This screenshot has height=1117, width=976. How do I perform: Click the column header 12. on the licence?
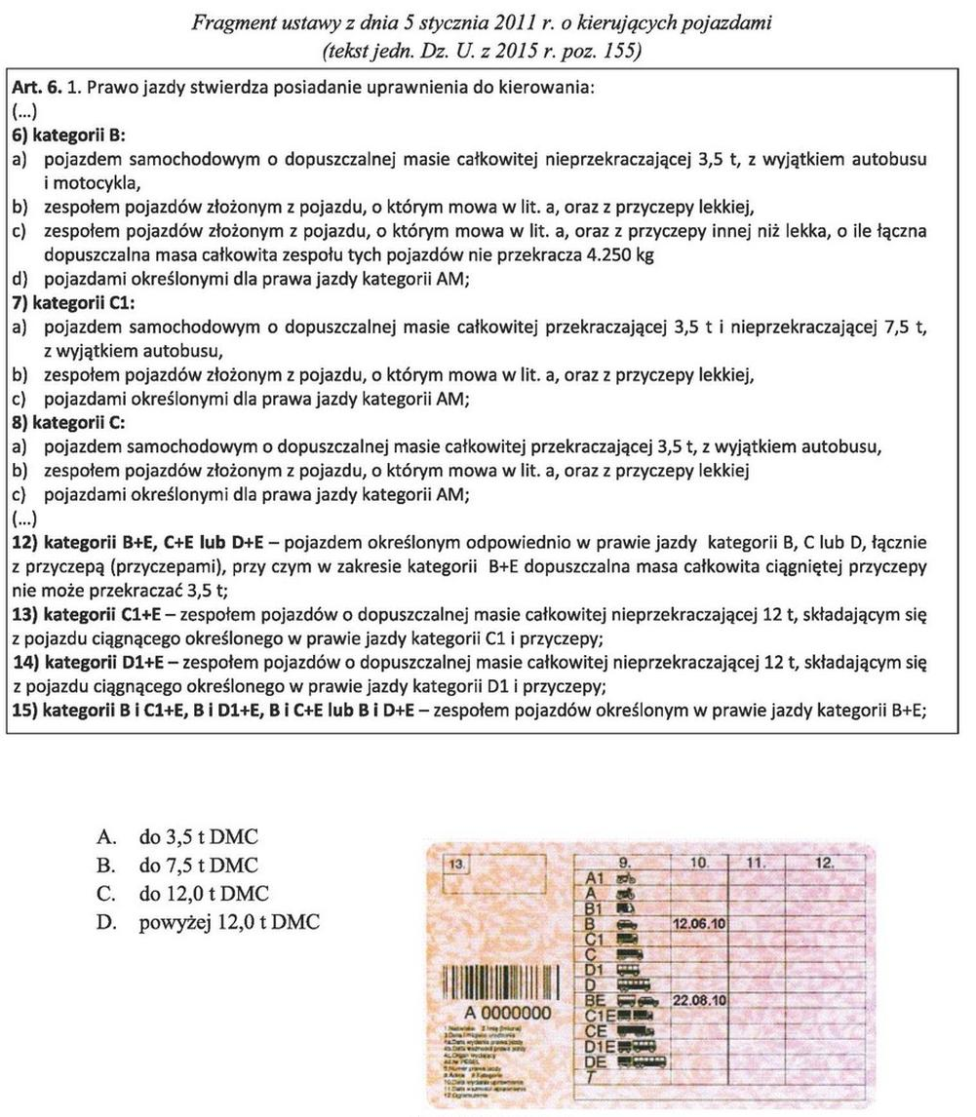coord(825,863)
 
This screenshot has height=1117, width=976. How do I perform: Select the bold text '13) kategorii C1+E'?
coord(89,616)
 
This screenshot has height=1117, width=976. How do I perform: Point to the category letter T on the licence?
coord(591,1076)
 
